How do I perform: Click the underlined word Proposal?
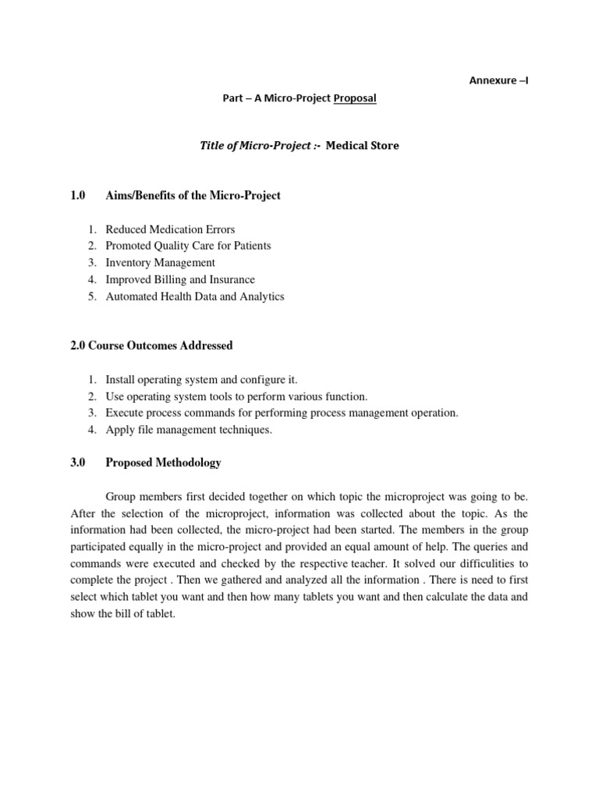pyautogui.click(x=355, y=98)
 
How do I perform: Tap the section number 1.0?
pyautogui.click(x=76, y=195)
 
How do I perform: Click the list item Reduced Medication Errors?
pyautogui.click(x=170, y=229)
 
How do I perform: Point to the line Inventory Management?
pyautogui.click(x=160, y=263)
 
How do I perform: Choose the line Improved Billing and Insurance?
pyautogui.click(x=180, y=279)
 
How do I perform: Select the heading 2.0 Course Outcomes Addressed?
pyautogui.click(x=151, y=346)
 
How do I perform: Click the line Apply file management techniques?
pyautogui.click(x=189, y=430)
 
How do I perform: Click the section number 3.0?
pyautogui.click(x=76, y=463)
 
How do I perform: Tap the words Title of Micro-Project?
pyautogui.click(x=249, y=146)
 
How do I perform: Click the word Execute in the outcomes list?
pyautogui.click(x=123, y=414)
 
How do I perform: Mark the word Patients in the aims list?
pyautogui.click(x=250, y=247)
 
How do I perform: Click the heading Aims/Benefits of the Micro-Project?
pyautogui.click(x=193, y=195)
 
